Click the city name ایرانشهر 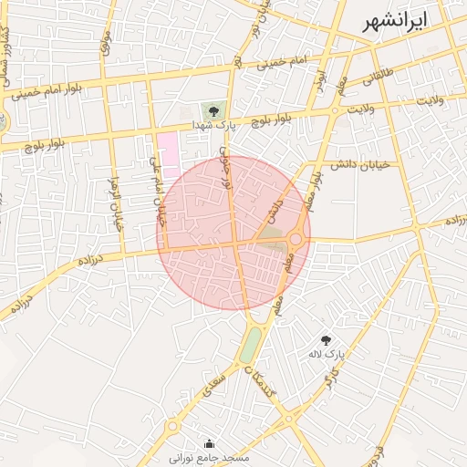[x=393, y=25]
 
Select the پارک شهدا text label [x=214, y=125]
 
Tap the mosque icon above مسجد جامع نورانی [x=211, y=443]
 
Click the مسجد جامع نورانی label [x=210, y=456]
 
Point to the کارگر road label [x=333, y=373]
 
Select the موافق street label [x=105, y=41]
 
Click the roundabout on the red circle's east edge [x=296, y=239]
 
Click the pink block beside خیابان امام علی [x=168, y=148]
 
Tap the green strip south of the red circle [x=251, y=344]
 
